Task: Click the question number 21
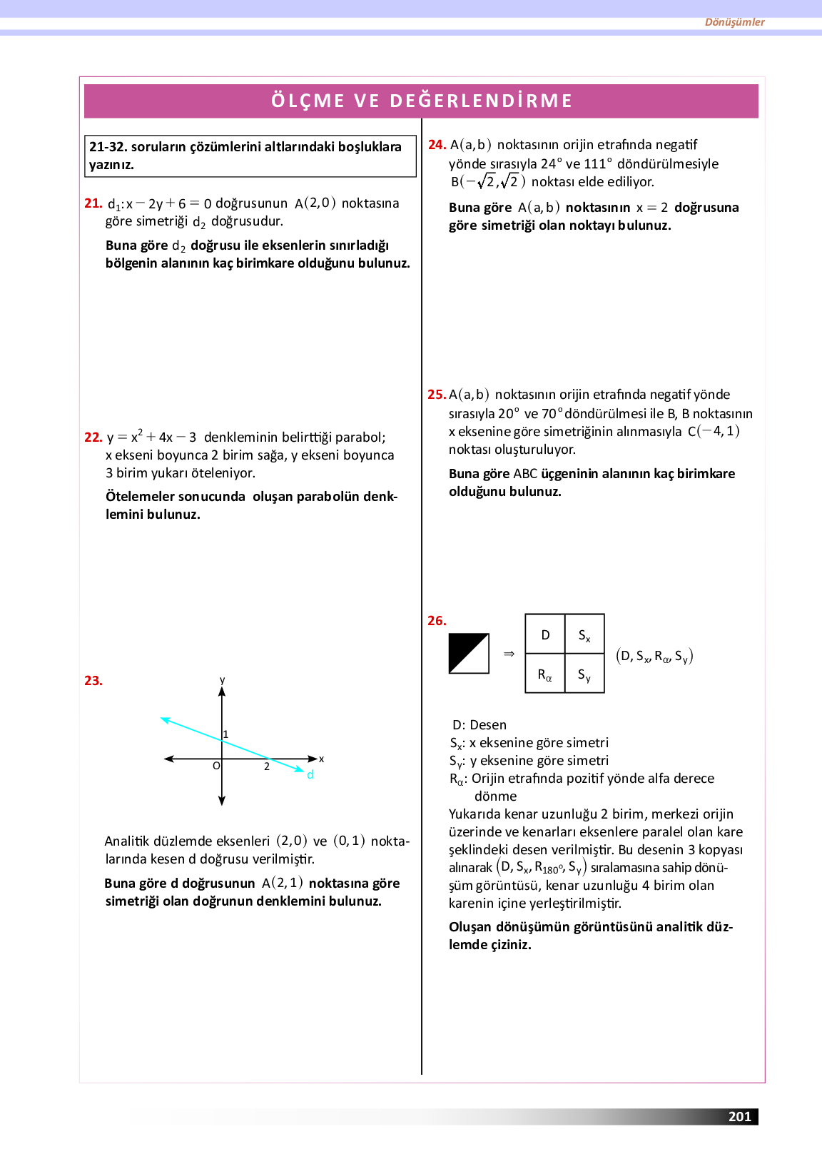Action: coord(93,203)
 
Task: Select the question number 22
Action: coord(93,437)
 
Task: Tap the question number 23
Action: coord(93,681)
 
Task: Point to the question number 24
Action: coord(437,145)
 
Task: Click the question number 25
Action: coord(436,395)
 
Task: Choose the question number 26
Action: coord(437,621)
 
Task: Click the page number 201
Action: coord(740,1117)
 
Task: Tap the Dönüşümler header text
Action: coord(734,22)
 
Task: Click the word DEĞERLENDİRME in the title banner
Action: coord(481,101)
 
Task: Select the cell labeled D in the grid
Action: coord(545,634)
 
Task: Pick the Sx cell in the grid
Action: coord(584,635)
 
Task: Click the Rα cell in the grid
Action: coord(545,674)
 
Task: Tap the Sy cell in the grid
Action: coord(584,674)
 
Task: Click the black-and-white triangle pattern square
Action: coord(469,653)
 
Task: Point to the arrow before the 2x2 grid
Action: coord(509,654)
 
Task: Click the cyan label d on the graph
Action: coord(310,775)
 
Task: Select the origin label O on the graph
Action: coord(216,766)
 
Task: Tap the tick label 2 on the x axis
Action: coord(267,766)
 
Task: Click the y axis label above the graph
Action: coord(222,680)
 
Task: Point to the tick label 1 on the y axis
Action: coord(226,734)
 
